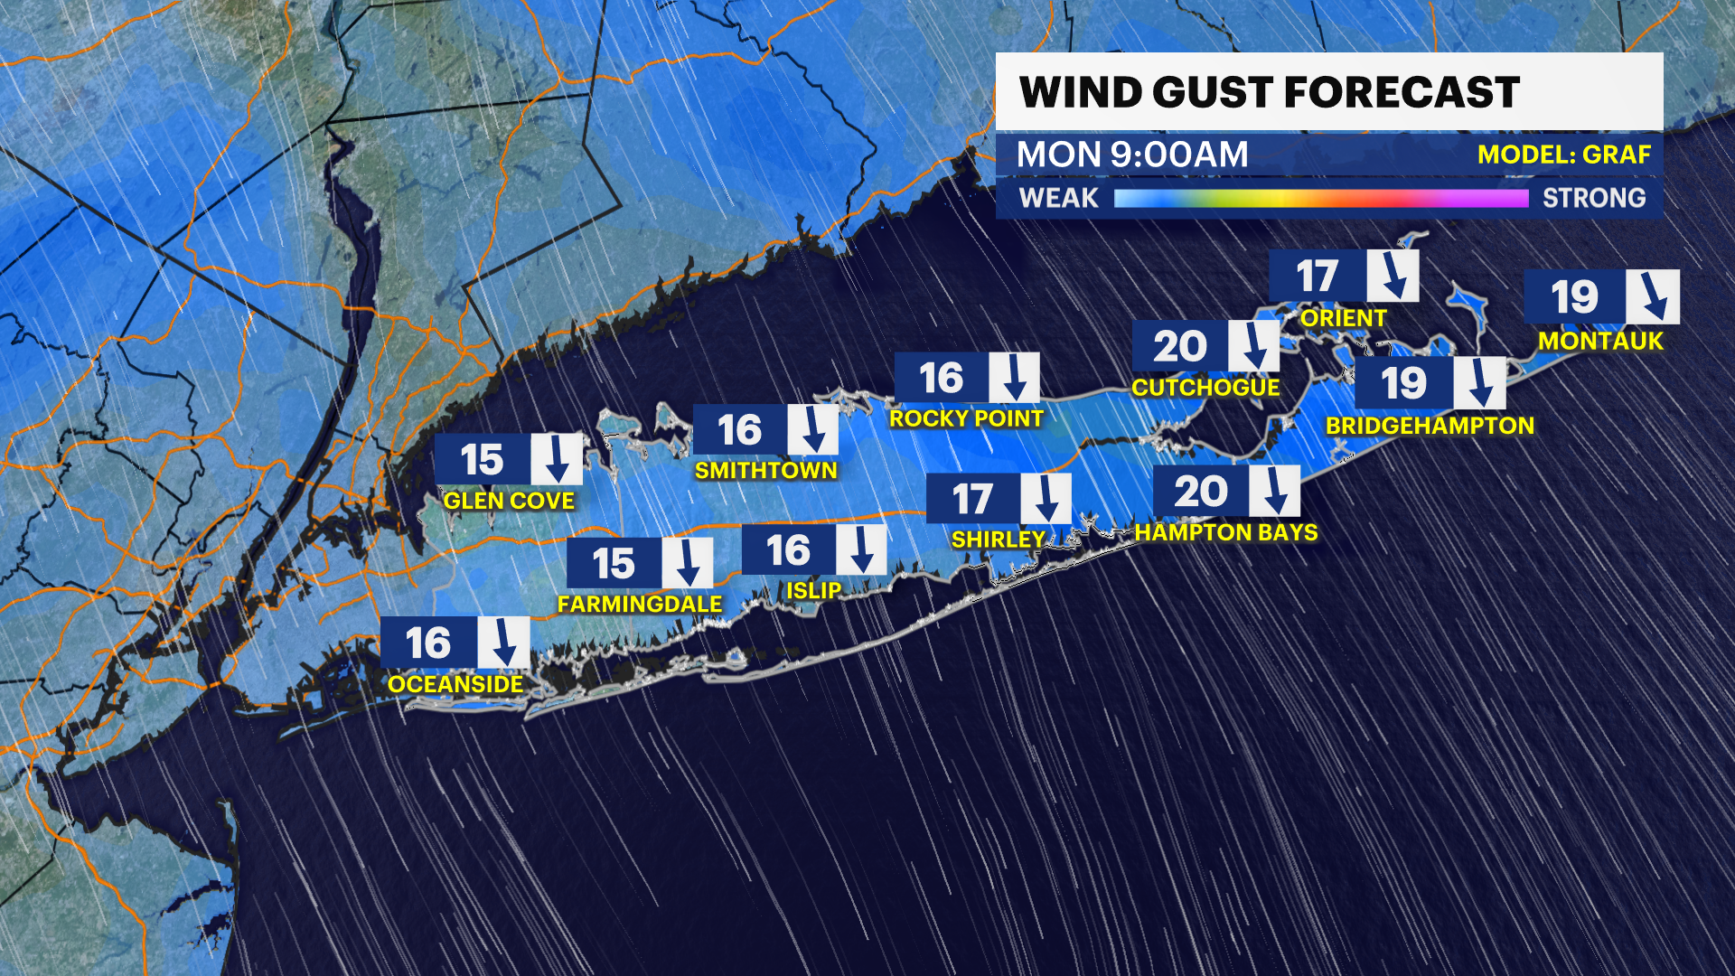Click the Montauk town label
1600,341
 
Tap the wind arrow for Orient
1393,276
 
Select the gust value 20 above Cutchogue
1179,346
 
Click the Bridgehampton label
1430,426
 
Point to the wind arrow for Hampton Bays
1274,491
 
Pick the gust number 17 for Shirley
972,499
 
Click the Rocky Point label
966,418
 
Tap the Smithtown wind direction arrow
812,429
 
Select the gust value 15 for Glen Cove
482,460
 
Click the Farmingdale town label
640,604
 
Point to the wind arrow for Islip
860,549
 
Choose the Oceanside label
455,684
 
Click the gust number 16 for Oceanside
428,643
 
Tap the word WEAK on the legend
1058,198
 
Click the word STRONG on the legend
1594,198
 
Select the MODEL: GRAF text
1563,155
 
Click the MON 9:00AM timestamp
1132,155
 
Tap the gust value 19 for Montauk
1574,296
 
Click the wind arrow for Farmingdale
687,563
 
